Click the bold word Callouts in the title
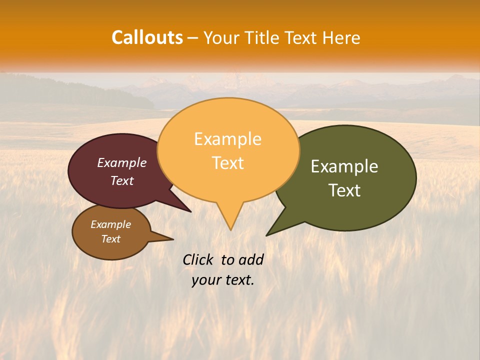(x=147, y=37)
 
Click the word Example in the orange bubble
(x=227, y=139)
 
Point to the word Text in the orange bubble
(x=227, y=163)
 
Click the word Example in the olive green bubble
(x=344, y=166)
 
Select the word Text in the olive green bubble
(x=344, y=190)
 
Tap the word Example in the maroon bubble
(x=121, y=162)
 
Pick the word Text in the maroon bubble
(x=122, y=180)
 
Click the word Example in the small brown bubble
(x=110, y=224)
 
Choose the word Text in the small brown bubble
(x=110, y=239)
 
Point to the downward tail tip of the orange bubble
(x=230, y=227)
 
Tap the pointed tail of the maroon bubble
(x=187, y=209)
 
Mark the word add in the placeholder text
(x=251, y=259)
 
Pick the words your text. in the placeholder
(x=222, y=280)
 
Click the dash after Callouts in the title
(x=192, y=38)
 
